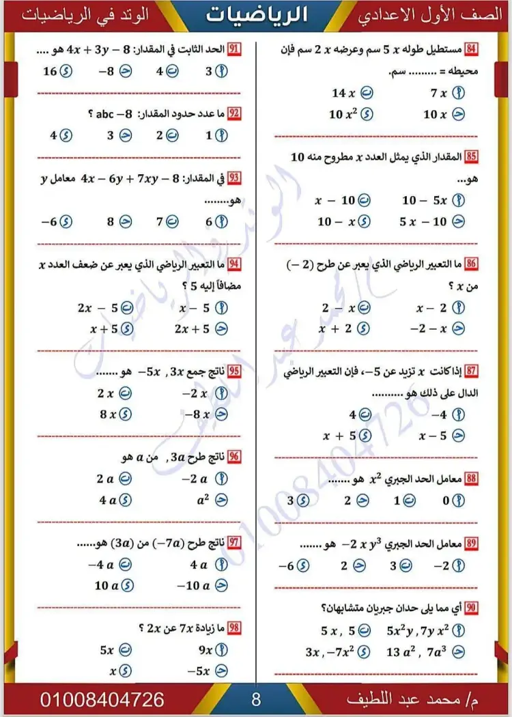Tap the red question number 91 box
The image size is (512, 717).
click(x=234, y=50)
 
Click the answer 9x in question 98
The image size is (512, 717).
click(x=212, y=650)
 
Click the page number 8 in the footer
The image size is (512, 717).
click(x=256, y=700)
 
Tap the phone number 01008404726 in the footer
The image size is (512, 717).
click(x=102, y=700)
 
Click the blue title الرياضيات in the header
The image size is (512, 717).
click(x=256, y=16)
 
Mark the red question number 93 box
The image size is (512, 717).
click(x=234, y=179)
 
